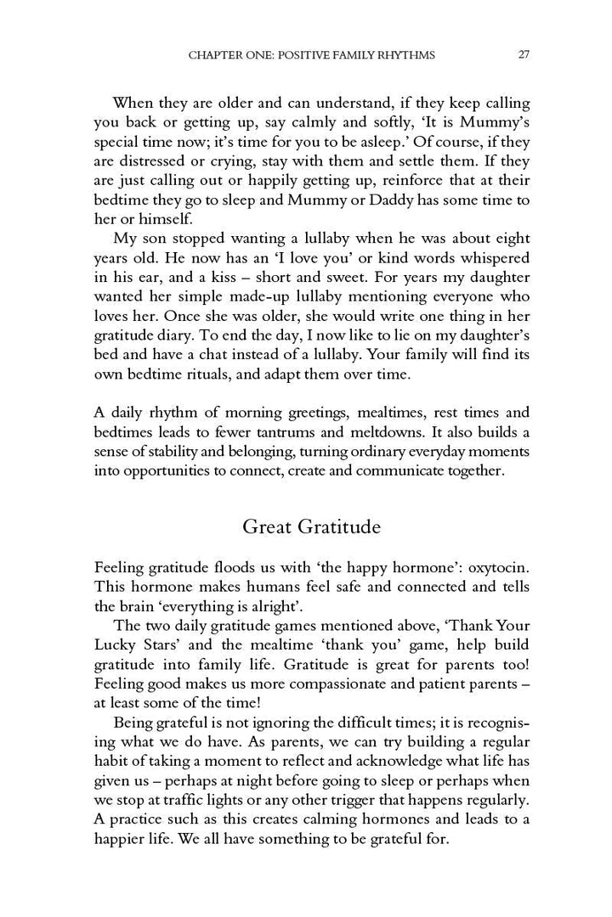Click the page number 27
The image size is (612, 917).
(524, 55)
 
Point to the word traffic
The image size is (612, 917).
(192, 802)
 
